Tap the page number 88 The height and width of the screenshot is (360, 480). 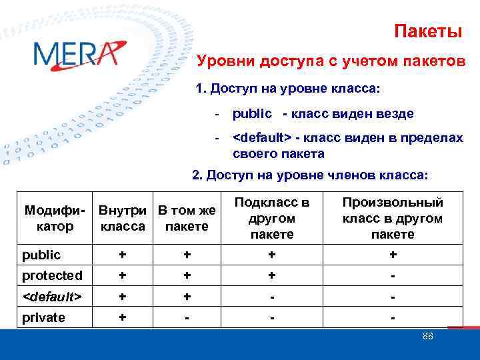pos(427,336)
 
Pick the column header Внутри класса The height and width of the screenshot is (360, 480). pos(123,218)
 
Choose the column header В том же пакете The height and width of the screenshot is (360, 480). pos(187,218)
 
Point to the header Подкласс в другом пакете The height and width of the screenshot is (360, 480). pos(272,218)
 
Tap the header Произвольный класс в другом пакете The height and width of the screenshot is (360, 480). pos(393,218)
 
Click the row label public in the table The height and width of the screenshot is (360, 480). pos(41,255)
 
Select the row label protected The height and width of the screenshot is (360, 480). pos(52,275)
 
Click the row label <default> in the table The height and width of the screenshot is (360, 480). pos(52,296)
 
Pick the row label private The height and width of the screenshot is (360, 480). pos(43,317)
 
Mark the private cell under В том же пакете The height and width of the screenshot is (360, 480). pos(187,317)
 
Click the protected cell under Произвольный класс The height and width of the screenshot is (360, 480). pos(393,275)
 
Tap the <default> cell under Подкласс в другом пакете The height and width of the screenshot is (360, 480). pos(272,296)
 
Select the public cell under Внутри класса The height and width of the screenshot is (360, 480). pos(123,255)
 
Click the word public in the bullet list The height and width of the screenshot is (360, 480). pos(252,113)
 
